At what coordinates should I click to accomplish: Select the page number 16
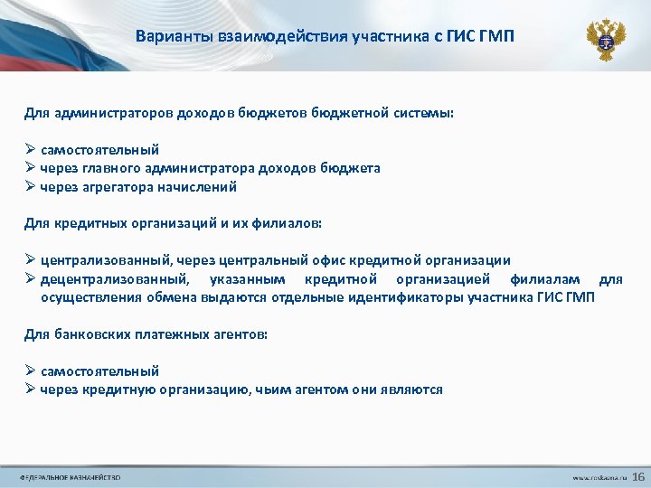coord(637,476)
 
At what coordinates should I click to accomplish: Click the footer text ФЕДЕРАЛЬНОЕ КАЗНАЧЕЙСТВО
coord(70,477)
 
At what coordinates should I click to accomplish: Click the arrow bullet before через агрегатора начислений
coord(30,187)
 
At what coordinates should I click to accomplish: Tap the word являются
coord(414,389)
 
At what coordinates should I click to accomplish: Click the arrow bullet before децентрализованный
coord(30,279)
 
